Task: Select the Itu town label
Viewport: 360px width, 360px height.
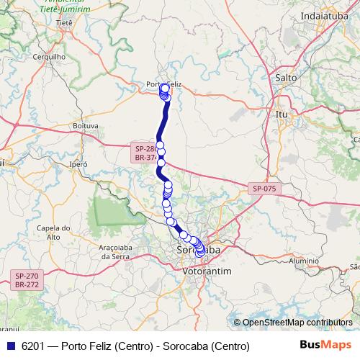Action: point(282,114)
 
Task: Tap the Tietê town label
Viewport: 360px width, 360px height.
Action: point(64,23)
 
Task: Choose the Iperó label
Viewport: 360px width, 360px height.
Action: point(78,164)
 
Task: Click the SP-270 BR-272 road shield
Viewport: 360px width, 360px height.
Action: point(27,279)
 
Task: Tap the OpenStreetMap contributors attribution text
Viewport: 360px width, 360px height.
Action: point(297,323)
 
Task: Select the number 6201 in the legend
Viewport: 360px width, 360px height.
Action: point(33,346)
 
